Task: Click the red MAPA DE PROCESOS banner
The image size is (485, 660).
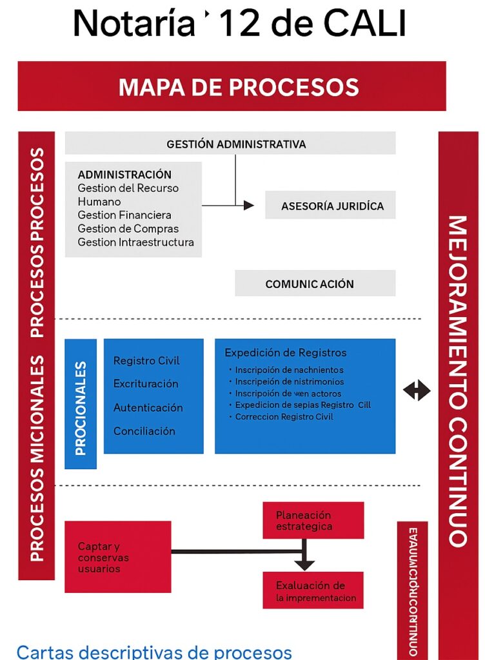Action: (x=232, y=86)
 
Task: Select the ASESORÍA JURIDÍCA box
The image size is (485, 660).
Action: (x=330, y=206)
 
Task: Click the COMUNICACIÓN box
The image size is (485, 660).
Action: (x=315, y=284)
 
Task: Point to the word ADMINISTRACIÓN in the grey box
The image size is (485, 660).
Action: (x=124, y=175)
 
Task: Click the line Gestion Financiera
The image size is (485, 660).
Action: (x=124, y=215)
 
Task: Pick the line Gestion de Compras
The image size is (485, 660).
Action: (x=128, y=229)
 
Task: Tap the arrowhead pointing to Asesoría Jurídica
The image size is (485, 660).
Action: (x=249, y=206)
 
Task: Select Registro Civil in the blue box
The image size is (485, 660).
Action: (x=146, y=361)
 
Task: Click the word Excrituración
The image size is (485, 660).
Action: (x=146, y=384)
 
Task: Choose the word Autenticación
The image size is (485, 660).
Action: (x=148, y=408)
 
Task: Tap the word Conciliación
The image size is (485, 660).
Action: (x=144, y=431)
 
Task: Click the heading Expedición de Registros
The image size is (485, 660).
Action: (x=285, y=353)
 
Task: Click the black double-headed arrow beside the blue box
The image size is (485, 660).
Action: (x=417, y=390)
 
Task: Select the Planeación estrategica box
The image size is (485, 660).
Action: (x=313, y=521)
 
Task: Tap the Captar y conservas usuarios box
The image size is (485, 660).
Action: (x=118, y=557)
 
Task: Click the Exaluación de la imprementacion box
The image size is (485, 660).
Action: (x=313, y=591)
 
